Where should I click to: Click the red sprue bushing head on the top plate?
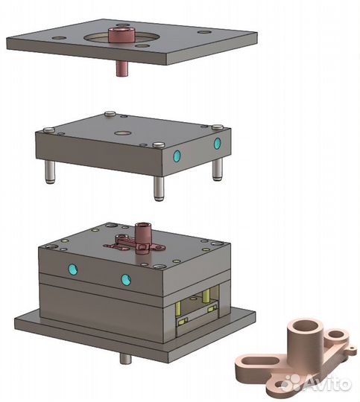[121, 35]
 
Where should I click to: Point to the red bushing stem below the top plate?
[122, 68]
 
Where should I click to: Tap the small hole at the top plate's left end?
[59, 38]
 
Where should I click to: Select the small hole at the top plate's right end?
[204, 32]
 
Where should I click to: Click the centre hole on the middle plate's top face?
[123, 133]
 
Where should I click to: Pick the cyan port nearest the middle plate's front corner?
[177, 155]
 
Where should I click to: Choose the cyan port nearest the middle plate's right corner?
[217, 143]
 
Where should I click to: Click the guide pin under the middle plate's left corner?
[49, 172]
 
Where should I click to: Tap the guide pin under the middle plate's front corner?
[159, 188]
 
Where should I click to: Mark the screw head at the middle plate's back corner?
[110, 113]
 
